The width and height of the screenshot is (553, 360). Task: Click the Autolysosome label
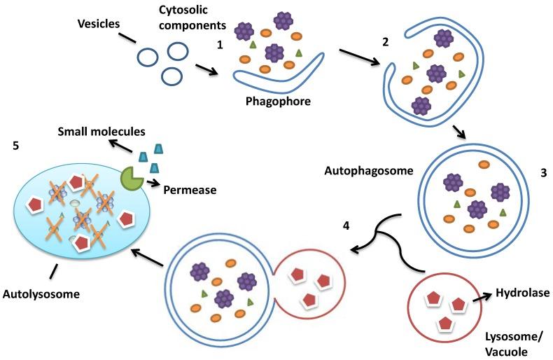pos(41,295)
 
